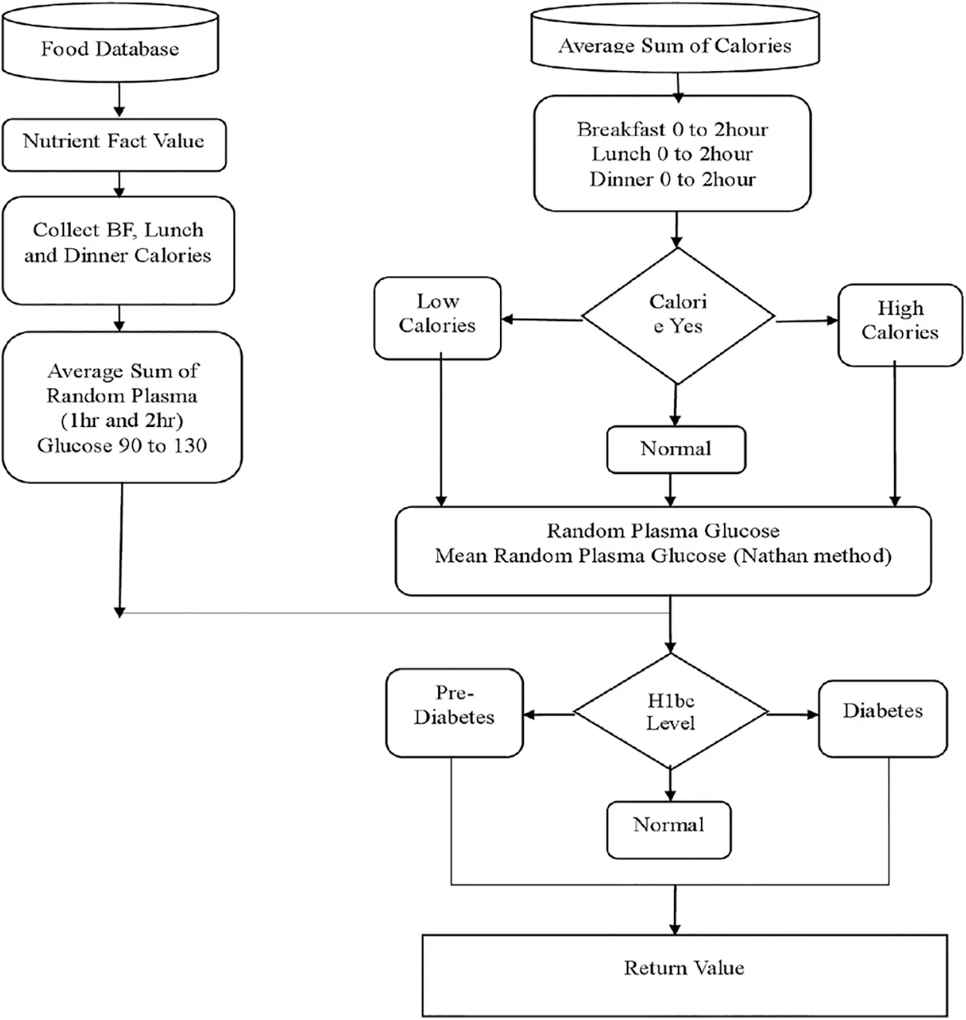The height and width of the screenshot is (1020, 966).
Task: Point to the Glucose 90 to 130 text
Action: [122, 445]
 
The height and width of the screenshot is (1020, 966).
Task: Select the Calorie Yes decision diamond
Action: [678, 315]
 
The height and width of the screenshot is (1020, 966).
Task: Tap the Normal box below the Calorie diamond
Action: [675, 449]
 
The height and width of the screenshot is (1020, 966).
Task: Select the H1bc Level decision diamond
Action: [670, 712]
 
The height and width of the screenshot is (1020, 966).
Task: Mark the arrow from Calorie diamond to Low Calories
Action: [541, 319]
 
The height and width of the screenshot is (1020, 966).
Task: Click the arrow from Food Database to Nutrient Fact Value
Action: [119, 99]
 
